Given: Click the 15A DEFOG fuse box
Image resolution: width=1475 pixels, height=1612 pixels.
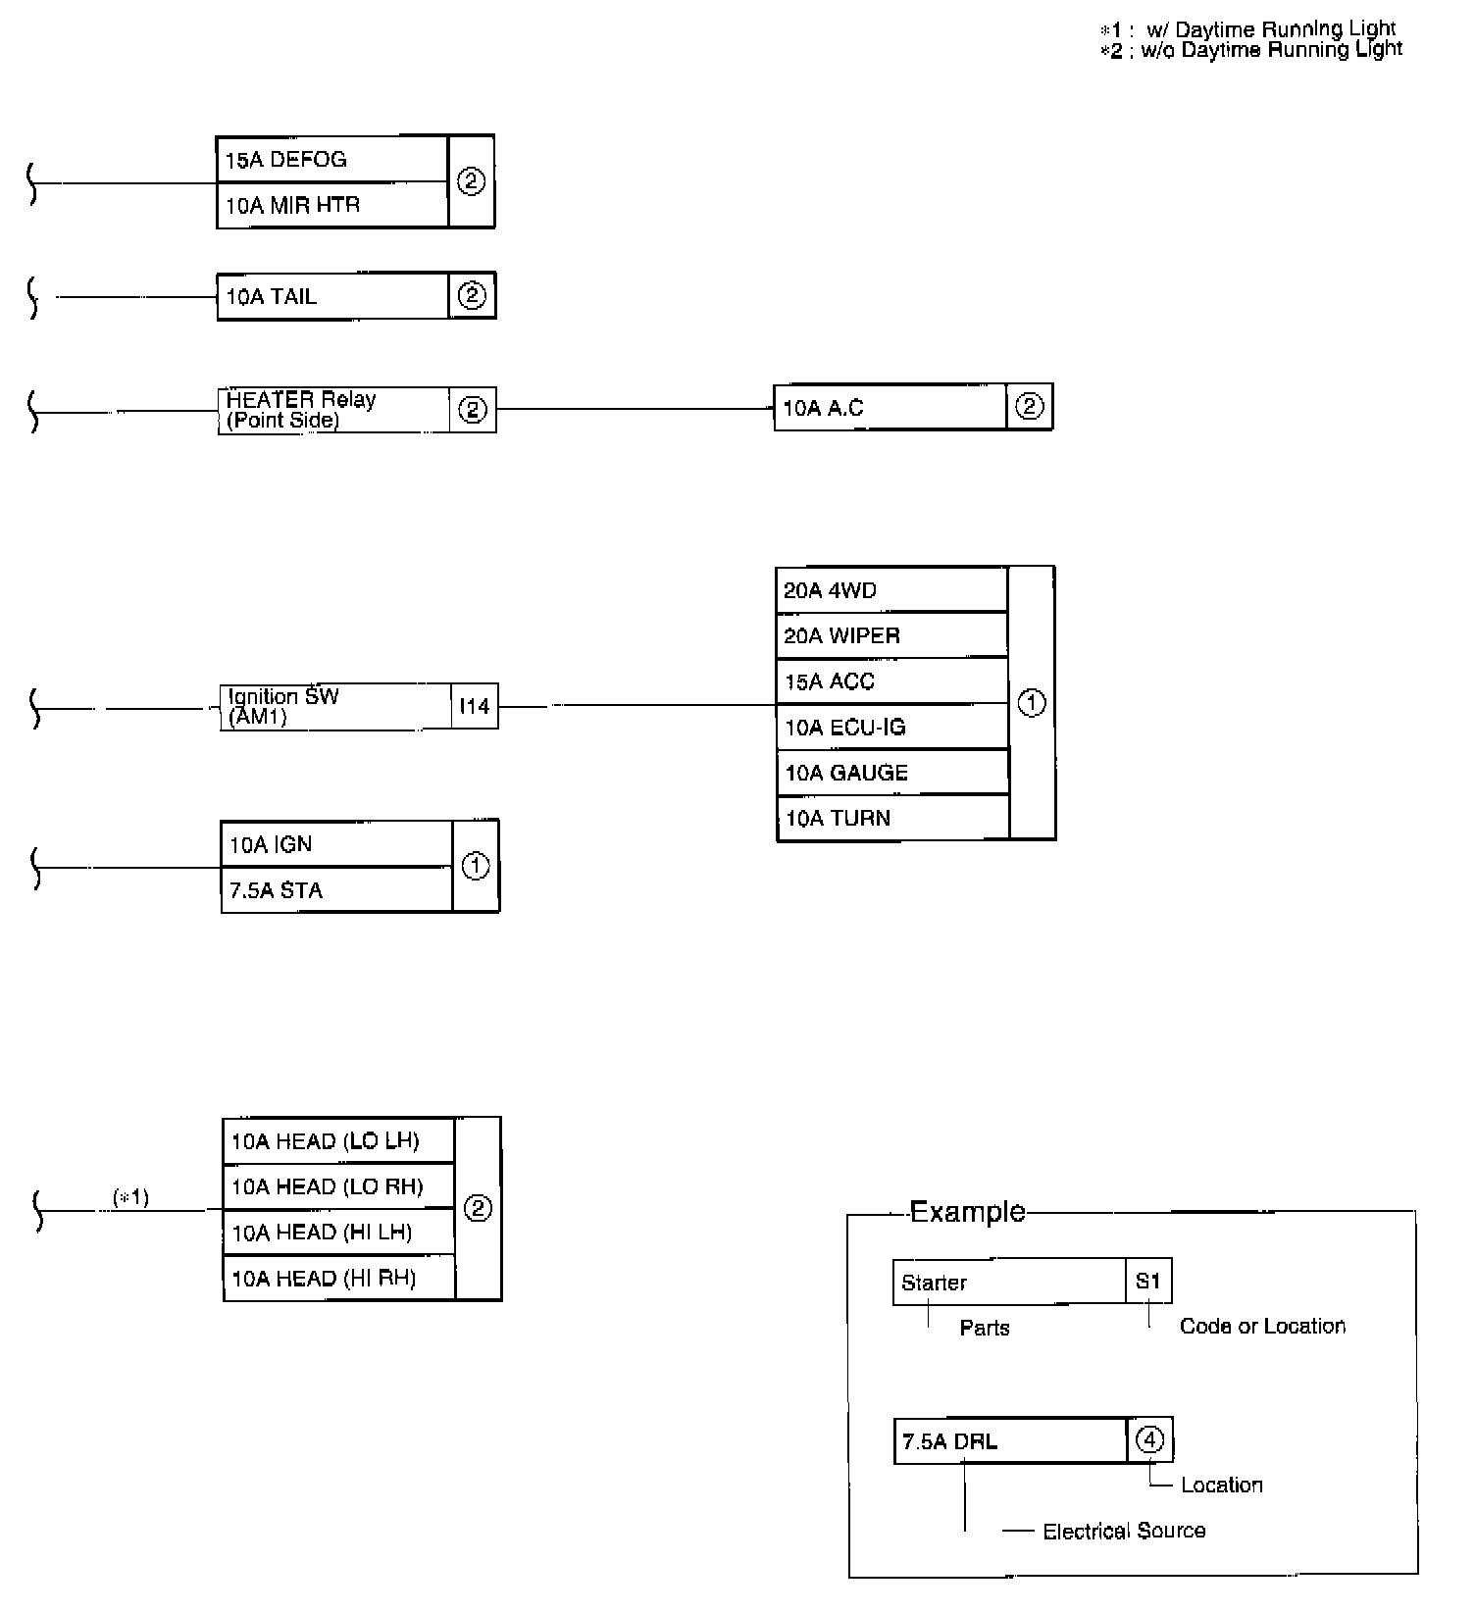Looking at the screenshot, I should tap(331, 159).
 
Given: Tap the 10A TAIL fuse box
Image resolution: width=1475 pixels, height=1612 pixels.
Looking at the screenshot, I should tap(332, 296).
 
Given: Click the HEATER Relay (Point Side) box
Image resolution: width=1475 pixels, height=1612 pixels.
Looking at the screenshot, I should tap(333, 410).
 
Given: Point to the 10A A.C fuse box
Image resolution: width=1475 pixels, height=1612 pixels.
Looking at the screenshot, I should tap(890, 407).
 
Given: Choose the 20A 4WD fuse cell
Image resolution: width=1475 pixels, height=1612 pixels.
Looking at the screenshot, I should tap(890, 590).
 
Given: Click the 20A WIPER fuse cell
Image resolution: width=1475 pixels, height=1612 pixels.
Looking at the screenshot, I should tap(890, 635).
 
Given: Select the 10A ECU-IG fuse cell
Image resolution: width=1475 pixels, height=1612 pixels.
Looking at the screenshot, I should tap(890, 727).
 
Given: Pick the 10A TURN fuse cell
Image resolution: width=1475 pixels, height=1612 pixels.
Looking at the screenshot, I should tap(890, 818).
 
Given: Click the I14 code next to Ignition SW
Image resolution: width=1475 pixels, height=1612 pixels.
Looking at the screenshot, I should tap(475, 706).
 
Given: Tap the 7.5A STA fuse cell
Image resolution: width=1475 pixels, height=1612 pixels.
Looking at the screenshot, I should tap(336, 890).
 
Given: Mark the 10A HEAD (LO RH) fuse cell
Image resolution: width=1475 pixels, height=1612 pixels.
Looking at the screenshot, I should tap(338, 1186).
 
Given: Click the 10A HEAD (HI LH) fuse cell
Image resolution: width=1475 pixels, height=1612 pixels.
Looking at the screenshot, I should tap(338, 1233).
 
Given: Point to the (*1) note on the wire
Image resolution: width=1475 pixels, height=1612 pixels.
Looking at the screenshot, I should tap(131, 1197).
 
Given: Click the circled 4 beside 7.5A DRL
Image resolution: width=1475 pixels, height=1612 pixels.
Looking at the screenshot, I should tap(1149, 1439).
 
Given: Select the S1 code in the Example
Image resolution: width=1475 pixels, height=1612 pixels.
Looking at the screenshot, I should tap(1148, 1282).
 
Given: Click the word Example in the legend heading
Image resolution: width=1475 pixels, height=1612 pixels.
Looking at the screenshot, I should tap(967, 1212).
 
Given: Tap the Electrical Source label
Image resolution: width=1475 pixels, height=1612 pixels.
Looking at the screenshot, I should tap(1124, 1531).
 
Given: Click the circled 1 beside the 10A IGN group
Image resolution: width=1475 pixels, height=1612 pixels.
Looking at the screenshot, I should tap(476, 867).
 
